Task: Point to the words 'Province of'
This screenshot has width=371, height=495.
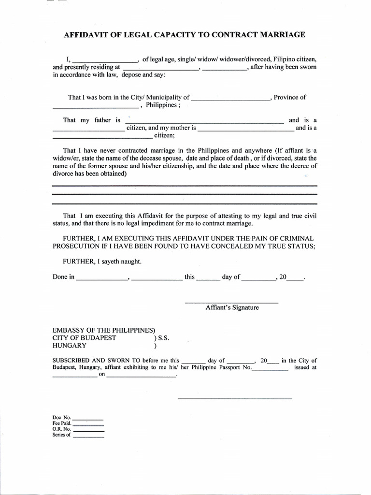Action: [x=290, y=97]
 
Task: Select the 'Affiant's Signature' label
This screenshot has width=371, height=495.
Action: [x=232, y=307]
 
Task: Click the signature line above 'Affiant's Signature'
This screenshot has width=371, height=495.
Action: [x=232, y=303]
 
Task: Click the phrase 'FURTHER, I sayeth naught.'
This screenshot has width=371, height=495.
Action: [x=102, y=262]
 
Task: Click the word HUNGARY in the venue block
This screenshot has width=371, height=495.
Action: [x=70, y=346]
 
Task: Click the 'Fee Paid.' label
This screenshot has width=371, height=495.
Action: [x=62, y=423]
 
